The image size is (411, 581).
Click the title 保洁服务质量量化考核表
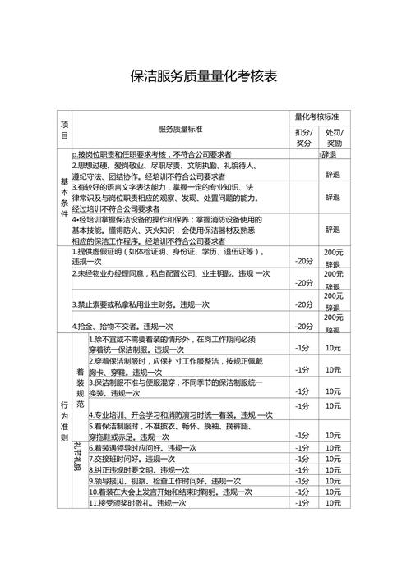pos(205,77)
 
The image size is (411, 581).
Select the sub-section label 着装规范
pos(80,383)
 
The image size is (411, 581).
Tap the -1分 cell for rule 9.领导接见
pos(302,481)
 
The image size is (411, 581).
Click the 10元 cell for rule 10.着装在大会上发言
pos(333,492)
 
